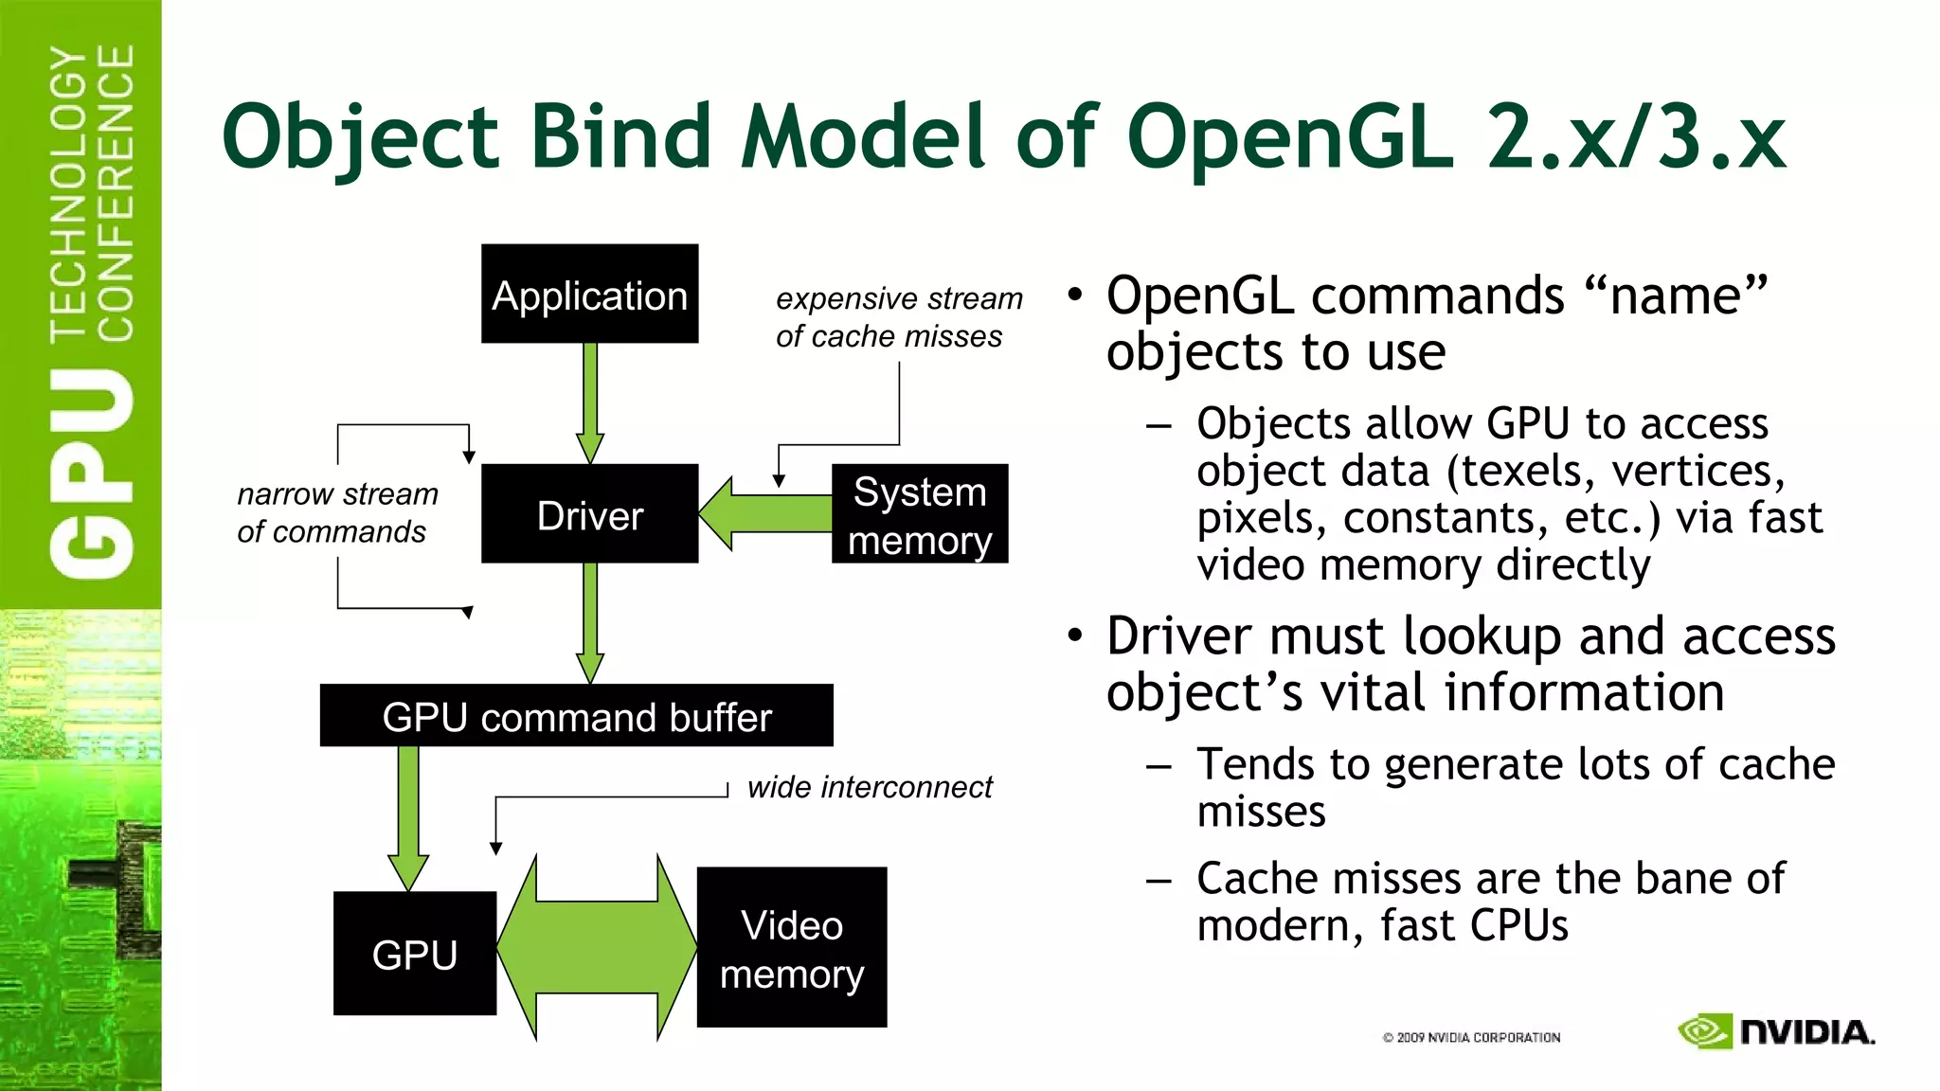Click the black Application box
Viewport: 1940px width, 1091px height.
589,295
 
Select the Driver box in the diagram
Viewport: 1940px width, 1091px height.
589,514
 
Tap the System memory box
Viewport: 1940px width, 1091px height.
919,514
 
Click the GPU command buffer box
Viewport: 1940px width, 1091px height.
576,716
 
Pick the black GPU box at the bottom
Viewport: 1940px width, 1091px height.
414,954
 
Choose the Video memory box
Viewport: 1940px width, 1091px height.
791,948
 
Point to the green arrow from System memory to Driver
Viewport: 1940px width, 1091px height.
767,513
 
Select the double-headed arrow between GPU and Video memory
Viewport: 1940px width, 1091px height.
597,947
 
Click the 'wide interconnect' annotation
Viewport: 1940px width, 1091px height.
869,787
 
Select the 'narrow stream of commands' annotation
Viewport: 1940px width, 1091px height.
336,512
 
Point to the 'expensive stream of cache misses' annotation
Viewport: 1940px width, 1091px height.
898,317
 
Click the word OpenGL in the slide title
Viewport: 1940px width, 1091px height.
1290,138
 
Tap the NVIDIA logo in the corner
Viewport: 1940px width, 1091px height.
1775,1031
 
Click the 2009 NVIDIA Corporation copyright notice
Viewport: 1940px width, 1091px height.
1471,1038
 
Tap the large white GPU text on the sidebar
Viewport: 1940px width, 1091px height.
92,474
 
